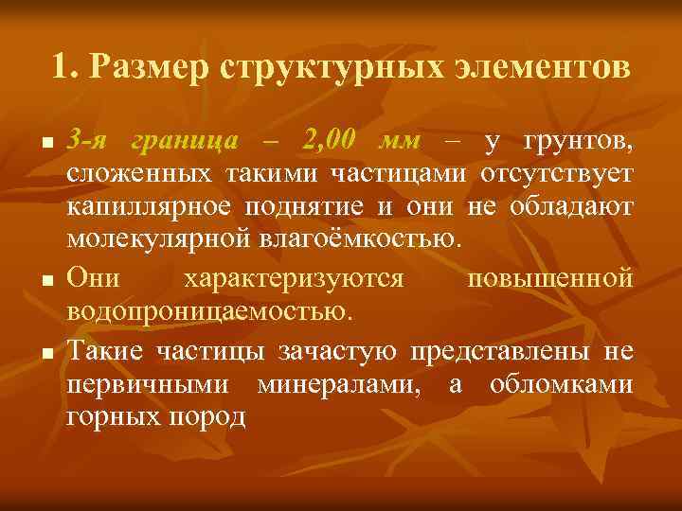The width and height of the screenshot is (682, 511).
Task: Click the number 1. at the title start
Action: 65,68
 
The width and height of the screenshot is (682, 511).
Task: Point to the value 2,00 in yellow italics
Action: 328,143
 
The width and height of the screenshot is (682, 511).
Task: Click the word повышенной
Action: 550,279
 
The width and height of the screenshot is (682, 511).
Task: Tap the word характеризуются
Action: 294,279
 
